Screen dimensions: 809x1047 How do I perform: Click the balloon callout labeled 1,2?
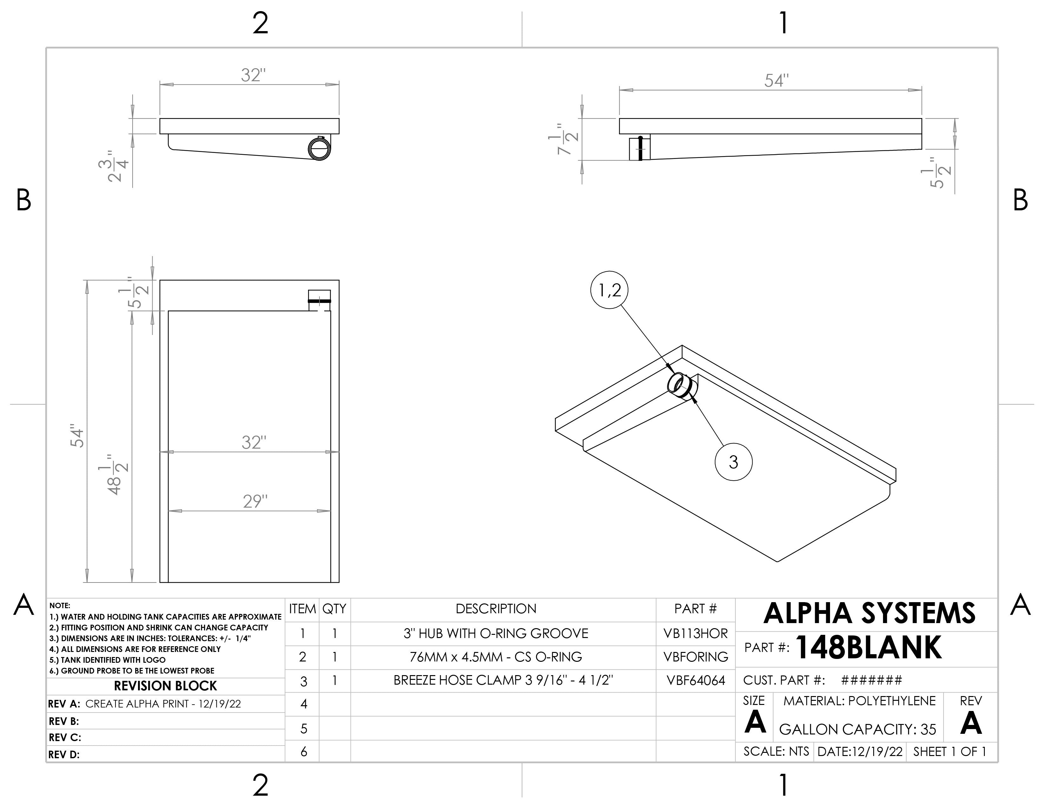coord(609,290)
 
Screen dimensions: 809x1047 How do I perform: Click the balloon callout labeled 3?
coord(733,462)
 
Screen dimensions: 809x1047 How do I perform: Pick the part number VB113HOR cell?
coord(695,634)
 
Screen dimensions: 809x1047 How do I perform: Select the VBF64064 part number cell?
coord(695,681)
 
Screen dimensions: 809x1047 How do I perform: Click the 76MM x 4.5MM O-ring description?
coord(496,657)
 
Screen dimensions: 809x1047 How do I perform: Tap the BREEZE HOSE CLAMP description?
coord(503,681)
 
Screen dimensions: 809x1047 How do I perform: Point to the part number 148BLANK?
coord(868,648)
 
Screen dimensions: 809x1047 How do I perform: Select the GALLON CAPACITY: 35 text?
coord(857,729)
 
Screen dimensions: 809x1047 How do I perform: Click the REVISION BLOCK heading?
coord(165,686)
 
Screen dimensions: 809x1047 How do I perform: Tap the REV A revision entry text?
coord(163,704)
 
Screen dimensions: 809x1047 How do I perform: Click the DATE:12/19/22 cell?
coord(859,752)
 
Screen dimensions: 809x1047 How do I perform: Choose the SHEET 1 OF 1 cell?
coord(949,752)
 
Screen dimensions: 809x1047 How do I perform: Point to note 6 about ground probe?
coord(132,670)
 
